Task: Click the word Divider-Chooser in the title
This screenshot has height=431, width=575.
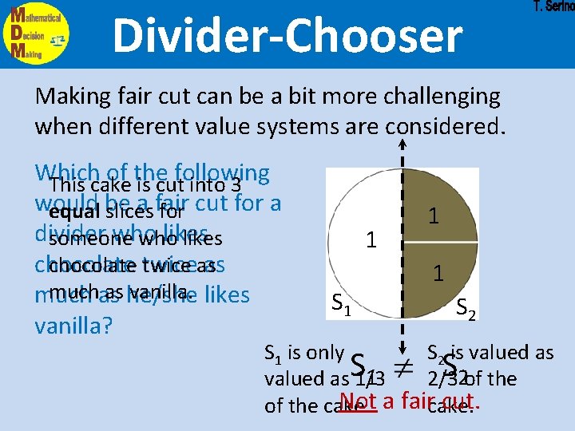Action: click(287, 37)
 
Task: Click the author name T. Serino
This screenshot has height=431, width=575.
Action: click(553, 6)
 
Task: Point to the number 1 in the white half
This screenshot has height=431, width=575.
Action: click(370, 239)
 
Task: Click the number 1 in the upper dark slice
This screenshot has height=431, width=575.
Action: click(432, 216)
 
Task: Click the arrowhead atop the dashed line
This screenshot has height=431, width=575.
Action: click(402, 144)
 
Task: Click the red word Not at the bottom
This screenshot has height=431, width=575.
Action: click(356, 401)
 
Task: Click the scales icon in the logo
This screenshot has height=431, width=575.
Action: click(57, 38)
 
